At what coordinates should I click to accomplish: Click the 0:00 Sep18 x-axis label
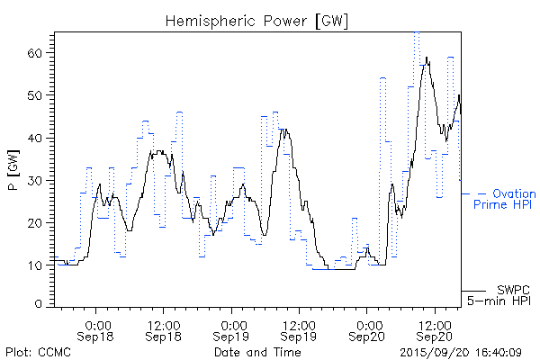(x=97, y=328)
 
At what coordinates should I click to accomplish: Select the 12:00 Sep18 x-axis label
(x=165, y=328)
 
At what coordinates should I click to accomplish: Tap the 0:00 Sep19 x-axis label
(x=232, y=328)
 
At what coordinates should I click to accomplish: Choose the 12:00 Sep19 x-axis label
(x=300, y=328)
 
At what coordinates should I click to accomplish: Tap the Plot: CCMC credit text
(x=35, y=352)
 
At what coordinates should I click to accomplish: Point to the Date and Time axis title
(x=256, y=352)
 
